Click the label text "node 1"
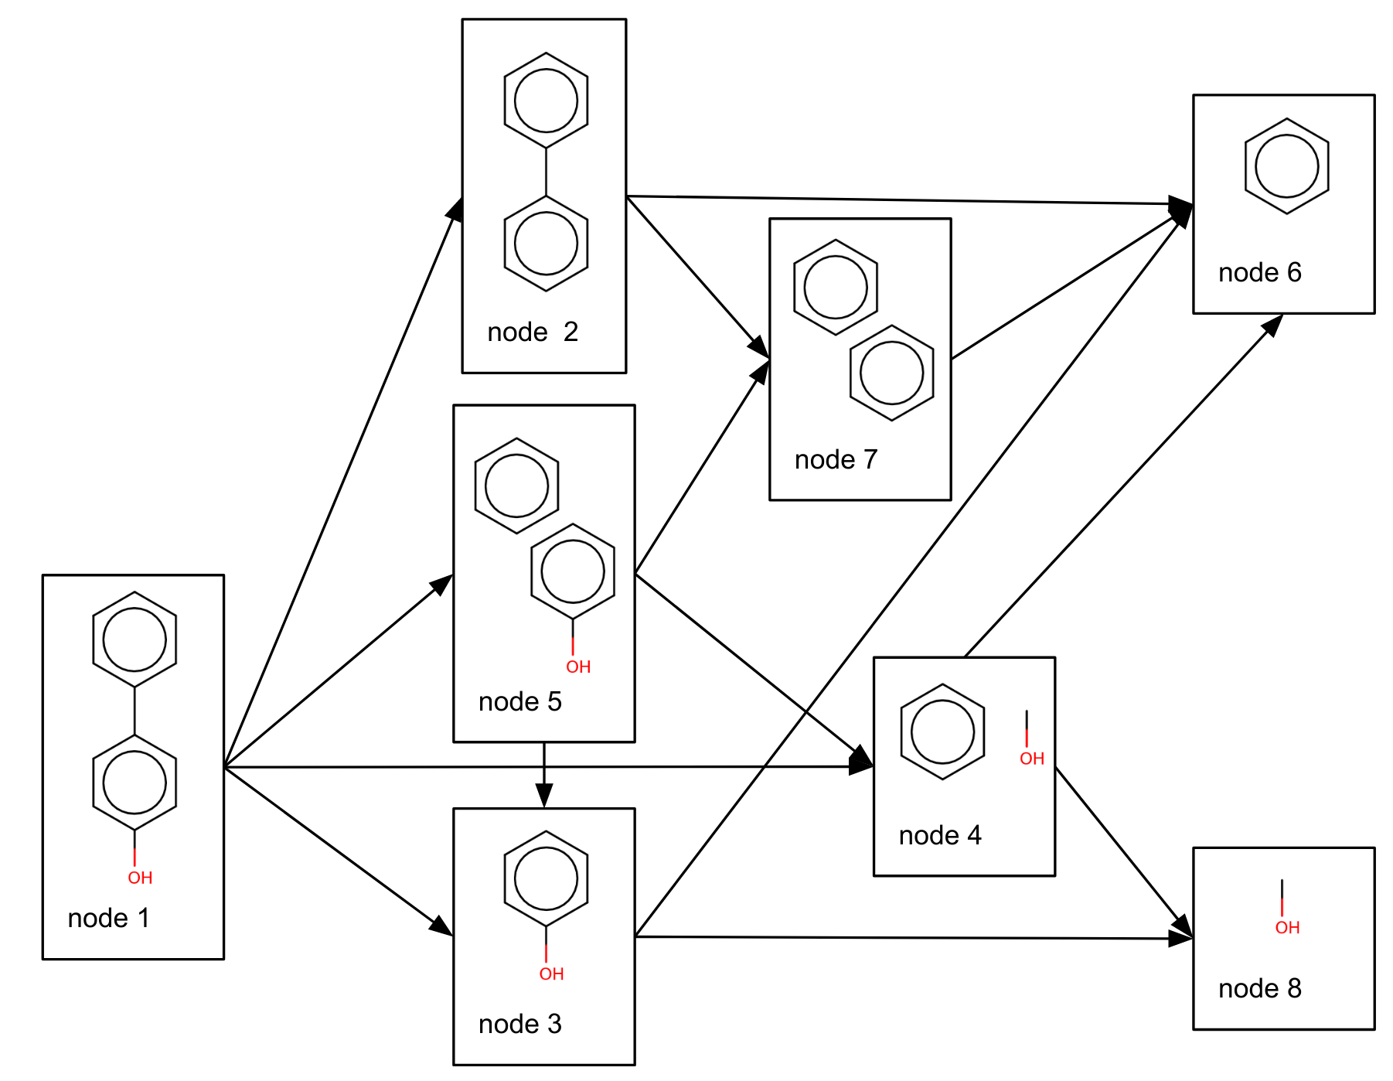pos(108,918)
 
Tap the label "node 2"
pos(533,332)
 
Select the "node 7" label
pos(836,459)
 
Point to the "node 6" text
pos(1259,272)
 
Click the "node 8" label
pos(1259,988)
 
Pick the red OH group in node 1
pos(140,878)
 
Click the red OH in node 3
pos(551,974)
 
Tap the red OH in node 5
pos(578,667)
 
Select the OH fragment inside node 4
pos(1031,758)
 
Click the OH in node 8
pos(1287,927)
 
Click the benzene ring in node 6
pos(1286,166)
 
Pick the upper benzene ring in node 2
pos(546,101)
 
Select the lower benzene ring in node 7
pos(891,373)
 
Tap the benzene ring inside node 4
pos(942,731)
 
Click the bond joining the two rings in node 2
pos(546,172)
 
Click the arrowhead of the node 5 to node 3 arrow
pos(544,797)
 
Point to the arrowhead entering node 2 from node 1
pos(456,210)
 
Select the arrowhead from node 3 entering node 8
pos(1180,939)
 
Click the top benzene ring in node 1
pos(135,639)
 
